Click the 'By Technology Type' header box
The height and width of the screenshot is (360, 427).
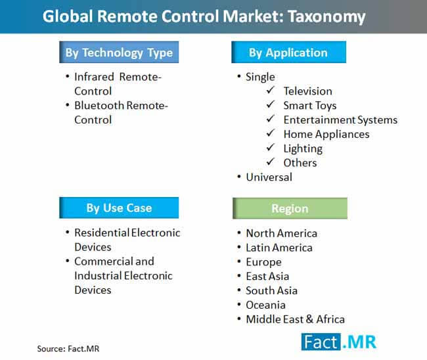tap(119, 53)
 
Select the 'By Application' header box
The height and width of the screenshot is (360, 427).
tap(288, 53)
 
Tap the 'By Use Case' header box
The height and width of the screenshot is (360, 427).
tap(119, 208)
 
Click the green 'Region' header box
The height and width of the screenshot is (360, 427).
tap(290, 208)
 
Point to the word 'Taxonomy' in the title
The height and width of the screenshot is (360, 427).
tap(326, 17)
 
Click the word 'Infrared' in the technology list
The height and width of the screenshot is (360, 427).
tap(94, 77)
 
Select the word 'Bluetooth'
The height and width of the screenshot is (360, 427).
tap(99, 105)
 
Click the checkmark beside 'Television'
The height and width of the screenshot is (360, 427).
tap(271, 90)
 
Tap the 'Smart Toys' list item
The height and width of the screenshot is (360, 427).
tap(310, 106)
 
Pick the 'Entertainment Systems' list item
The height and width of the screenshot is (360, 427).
tap(340, 120)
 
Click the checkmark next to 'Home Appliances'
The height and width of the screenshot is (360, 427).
tap(271, 133)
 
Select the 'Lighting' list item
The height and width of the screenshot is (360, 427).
tap(303, 148)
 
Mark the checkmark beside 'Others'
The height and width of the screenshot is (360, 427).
tap(271, 162)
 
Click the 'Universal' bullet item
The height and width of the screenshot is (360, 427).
tap(269, 177)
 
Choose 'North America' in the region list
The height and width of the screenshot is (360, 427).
tap(282, 233)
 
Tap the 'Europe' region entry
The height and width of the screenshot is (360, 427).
tap(263, 262)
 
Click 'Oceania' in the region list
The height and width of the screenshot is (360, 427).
tap(265, 305)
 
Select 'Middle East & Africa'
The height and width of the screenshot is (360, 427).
tap(295, 319)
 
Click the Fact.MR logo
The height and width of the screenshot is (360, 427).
tap(339, 342)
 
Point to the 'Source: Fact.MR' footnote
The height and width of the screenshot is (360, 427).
tap(68, 349)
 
